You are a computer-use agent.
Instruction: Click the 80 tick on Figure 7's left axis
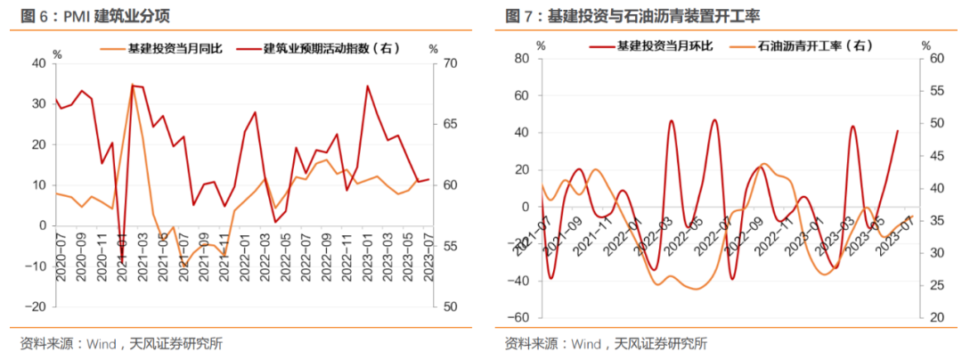point(522,59)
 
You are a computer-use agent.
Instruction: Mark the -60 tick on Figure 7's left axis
point(518,318)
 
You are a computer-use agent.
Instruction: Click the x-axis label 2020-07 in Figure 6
point(61,258)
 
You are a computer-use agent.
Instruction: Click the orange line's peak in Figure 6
point(132,86)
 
